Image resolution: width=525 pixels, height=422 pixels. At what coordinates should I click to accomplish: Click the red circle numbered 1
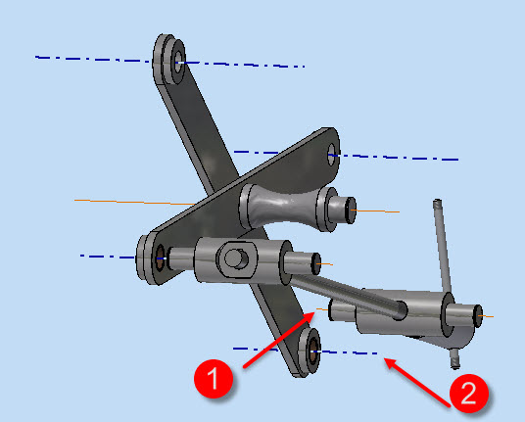pos(214,379)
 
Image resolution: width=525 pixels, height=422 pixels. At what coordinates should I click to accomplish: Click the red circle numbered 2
pos(468,394)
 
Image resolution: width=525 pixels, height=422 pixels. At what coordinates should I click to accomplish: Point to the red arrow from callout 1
pos(279,340)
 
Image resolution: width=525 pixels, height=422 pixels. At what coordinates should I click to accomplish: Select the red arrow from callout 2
pos(417,383)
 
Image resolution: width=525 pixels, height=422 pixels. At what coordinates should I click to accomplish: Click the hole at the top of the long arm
pos(178,62)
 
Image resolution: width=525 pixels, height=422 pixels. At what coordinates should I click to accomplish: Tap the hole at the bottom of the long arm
pos(313,352)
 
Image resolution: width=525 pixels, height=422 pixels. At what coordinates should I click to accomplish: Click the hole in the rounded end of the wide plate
pos(331,155)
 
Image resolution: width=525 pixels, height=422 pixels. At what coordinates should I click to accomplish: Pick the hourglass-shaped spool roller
pos(287,208)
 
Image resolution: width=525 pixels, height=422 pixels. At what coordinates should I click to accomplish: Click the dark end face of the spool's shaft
pos(351,211)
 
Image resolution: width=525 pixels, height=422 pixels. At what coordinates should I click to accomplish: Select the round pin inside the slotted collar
pos(236,258)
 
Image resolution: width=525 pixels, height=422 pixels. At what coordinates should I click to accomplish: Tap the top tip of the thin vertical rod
pos(437,202)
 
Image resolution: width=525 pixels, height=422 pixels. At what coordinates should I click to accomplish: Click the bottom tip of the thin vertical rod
pos(455,365)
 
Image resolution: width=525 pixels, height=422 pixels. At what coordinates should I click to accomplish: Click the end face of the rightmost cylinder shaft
pos(478,316)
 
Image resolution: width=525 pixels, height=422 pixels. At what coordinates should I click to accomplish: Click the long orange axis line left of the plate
pos(134,202)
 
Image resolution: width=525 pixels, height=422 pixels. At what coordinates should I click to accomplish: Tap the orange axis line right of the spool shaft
pos(376,211)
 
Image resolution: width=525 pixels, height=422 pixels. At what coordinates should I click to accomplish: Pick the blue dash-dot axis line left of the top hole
pos(93,59)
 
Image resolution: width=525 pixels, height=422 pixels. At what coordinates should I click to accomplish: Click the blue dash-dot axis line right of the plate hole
pos(395,157)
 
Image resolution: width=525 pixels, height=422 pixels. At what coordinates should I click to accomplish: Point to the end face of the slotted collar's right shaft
pos(316,263)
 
